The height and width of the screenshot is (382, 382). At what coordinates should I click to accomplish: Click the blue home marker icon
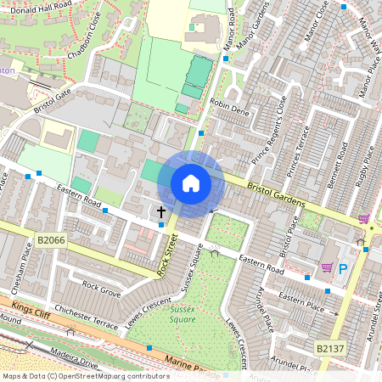[191, 183]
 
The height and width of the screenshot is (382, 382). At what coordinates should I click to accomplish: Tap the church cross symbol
[161, 211]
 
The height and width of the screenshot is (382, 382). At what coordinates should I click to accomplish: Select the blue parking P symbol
[344, 269]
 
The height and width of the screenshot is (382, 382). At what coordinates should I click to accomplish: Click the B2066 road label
[51, 242]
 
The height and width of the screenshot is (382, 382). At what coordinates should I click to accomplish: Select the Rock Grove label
[101, 289]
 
